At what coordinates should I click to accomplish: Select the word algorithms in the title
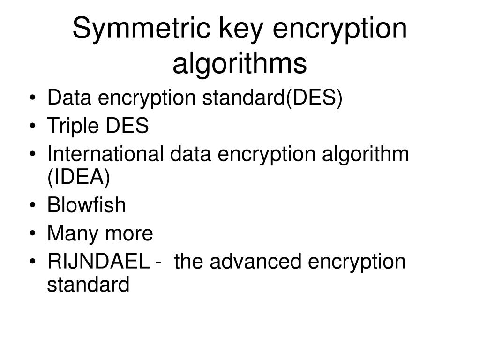pos(240,63)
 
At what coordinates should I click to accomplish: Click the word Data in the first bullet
pos(69,97)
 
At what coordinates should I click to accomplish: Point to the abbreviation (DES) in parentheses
pos(314,98)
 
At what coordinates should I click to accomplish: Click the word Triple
pos(73,127)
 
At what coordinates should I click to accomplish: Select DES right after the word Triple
pos(127,126)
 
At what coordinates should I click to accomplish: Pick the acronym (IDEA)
pos(79,177)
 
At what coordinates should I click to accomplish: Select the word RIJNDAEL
pos(98,262)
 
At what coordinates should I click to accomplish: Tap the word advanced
pos(256,261)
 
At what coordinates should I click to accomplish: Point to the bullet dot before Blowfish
pos(33,205)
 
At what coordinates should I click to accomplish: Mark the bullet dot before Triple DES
pos(33,126)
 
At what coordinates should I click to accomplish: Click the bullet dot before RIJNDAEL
pos(33,262)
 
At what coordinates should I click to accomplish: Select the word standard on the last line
pos(88,284)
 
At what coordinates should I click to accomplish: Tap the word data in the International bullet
pos(190,154)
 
